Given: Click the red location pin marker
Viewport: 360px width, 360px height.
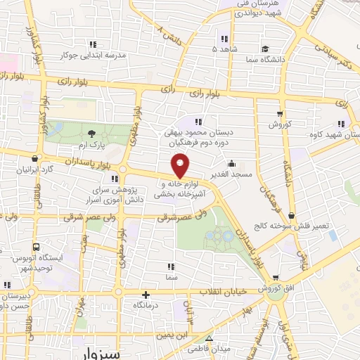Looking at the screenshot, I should pyautogui.click(x=181, y=167).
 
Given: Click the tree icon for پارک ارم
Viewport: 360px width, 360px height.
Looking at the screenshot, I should pyautogui.click(x=92, y=134).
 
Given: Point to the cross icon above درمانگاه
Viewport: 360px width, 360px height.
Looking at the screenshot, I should pyautogui.click(x=146, y=295).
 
